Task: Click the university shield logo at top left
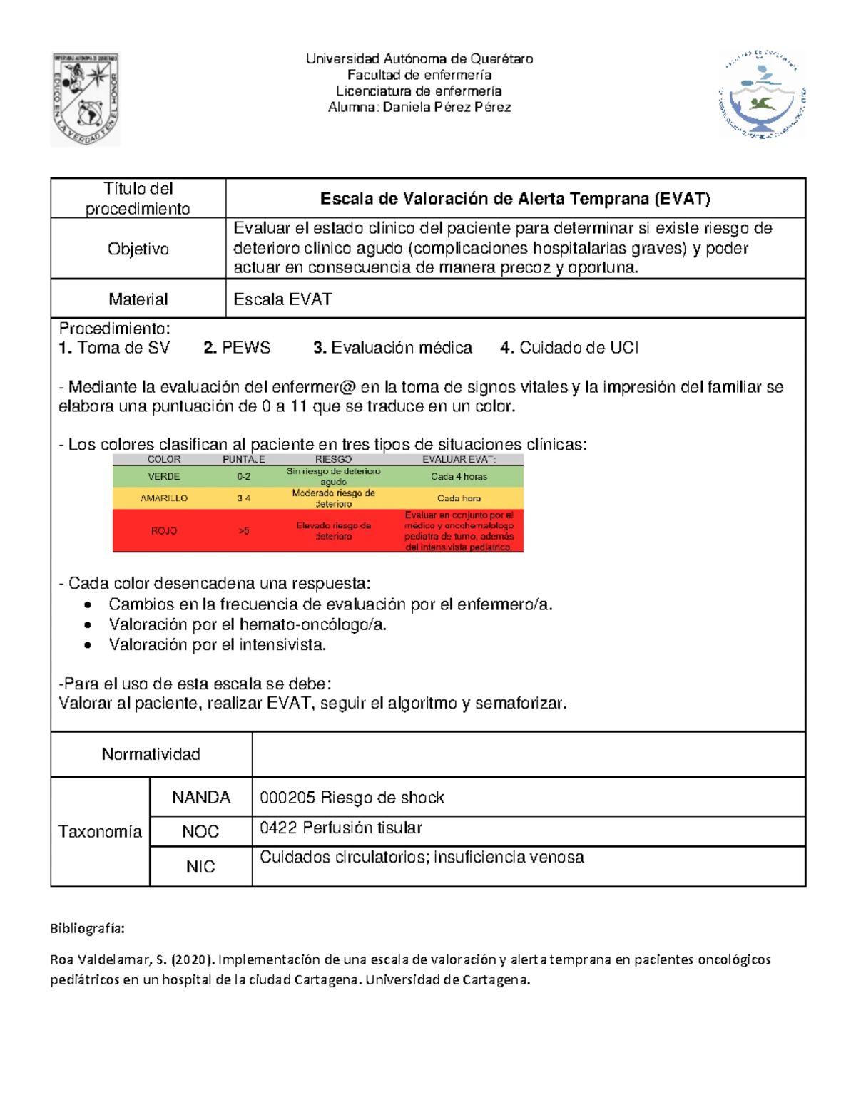point(85,99)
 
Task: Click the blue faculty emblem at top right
point(761,94)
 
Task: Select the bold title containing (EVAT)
point(515,199)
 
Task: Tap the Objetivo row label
point(138,249)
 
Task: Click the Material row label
point(138,299)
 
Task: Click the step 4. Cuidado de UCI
point(569,348)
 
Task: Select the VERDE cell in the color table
point(163,477)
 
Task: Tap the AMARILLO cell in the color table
point(163,498)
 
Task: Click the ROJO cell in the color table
point(163,531)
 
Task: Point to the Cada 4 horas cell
point(459,477)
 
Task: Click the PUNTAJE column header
point(243,460)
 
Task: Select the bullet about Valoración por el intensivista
point(217,645)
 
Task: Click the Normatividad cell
point(151,754)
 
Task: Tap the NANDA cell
point(200,798)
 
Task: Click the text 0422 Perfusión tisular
point(340,828)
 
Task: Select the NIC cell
point(200,867)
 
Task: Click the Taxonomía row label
point(100,832)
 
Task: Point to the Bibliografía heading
point(87,929)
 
